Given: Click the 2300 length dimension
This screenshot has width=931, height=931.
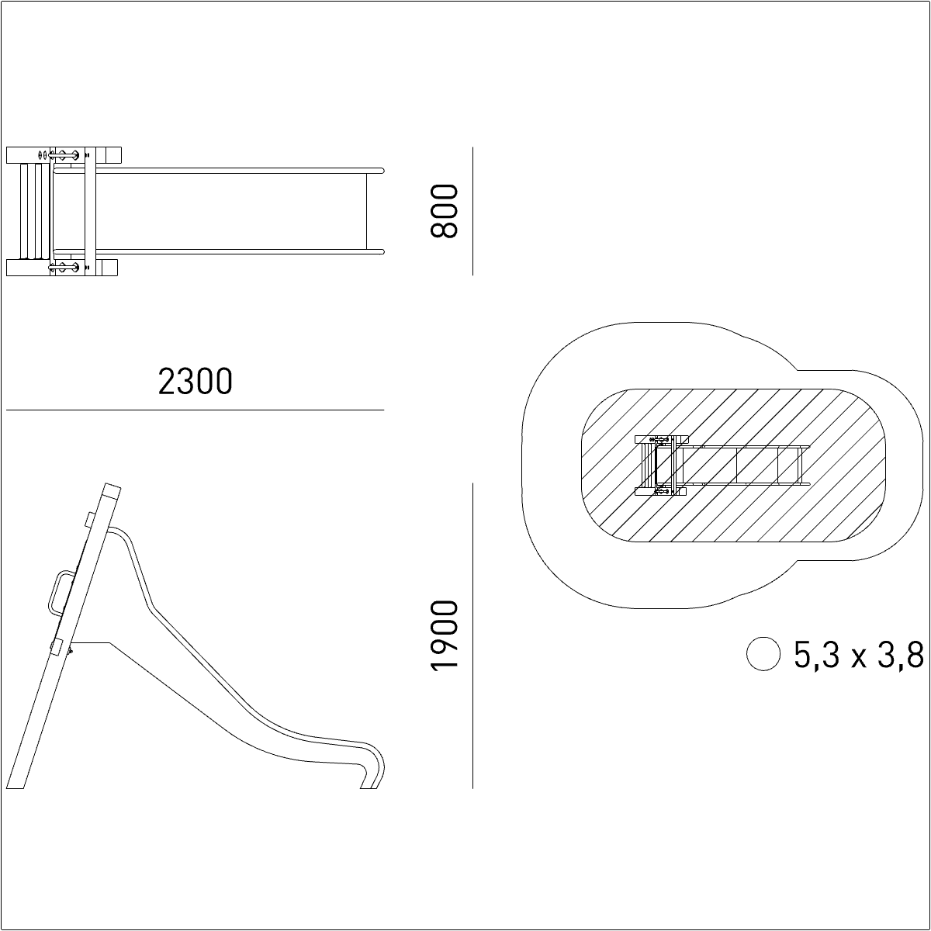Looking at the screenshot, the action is pos(196,382).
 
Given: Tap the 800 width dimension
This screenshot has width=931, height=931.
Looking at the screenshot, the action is pos(444,211).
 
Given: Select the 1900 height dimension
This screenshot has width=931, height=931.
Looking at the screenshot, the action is pos(444,636).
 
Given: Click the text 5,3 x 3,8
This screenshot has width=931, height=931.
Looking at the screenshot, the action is pos(859,655).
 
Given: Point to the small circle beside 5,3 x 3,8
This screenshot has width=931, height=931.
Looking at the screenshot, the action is pos(763,654).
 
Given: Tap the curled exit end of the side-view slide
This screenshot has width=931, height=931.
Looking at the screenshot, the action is pos(373,768).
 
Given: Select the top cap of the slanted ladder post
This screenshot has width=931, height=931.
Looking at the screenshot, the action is pos(112,490).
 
